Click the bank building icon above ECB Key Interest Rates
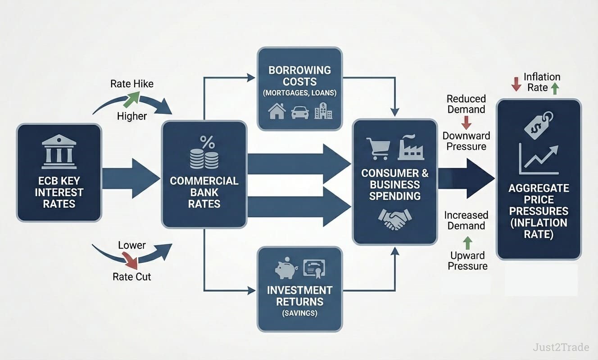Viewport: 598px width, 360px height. point(59,152)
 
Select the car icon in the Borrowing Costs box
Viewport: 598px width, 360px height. point(300,112)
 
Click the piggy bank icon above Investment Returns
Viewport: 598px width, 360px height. point(285,269)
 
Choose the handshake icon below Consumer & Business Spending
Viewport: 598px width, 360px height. point(394,219)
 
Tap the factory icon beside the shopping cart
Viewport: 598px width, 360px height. point(411,148)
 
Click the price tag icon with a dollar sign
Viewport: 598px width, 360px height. point(539,125)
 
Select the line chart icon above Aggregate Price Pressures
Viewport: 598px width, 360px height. point(539,159)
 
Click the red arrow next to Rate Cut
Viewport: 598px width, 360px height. point(131,260)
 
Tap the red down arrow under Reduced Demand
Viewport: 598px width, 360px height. point(466,122)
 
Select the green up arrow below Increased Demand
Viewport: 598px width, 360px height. point(468,243)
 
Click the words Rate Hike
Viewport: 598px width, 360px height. point(131,84)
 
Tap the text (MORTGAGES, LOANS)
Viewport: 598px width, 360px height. point(299,94)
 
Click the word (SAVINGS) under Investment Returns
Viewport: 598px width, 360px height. point(299,313)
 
